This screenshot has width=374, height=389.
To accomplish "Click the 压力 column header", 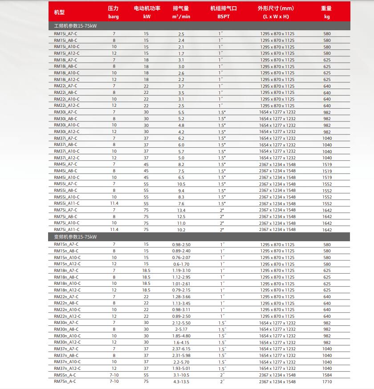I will tap(114, 8).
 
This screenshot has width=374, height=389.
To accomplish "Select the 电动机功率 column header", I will tap(147, 8).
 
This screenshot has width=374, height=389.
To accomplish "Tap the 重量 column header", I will tap(327, 8).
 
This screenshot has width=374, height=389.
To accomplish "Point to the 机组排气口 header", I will tap(223, 8).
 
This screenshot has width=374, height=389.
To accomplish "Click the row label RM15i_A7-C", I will tap(65, 34).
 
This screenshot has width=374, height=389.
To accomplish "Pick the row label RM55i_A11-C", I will tap(67, 203).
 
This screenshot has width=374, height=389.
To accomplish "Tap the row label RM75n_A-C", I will tap(65, 381).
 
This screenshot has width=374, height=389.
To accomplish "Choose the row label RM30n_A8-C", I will tap(66, 329).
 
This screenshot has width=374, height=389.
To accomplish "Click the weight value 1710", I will tap(327, 381).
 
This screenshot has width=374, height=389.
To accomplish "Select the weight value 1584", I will tap(327, 375).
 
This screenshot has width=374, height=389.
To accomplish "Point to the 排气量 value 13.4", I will tap(181, 210).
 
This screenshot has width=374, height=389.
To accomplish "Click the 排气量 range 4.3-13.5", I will tap(181, 381).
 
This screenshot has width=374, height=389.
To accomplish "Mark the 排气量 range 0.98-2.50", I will tap(181, 244).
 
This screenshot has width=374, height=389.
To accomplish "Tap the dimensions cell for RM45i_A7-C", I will tap(277, 164).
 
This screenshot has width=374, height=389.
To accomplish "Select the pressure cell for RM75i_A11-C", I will tap(114, 230).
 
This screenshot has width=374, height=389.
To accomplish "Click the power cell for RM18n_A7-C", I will tap(146, 271).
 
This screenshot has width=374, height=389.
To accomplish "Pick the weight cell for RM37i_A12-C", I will tap(327, 158).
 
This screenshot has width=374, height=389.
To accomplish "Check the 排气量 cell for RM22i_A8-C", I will tap(181, 93).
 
